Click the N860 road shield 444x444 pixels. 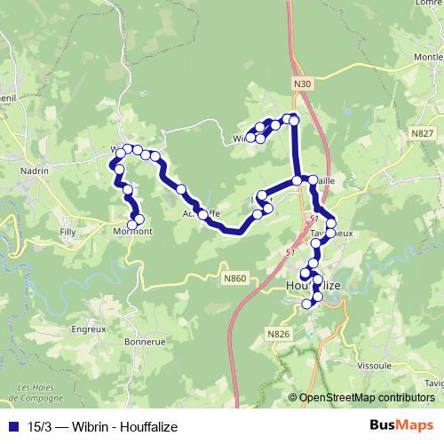pyautogui.click(x=234, y=279)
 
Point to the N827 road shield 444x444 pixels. pyautogui.click(x=423, y=132)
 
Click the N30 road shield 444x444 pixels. pyautogui.click(x=303, y=83)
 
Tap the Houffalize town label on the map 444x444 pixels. pyautogui.click(x=312, y=286)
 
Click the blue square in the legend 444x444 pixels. pyautogui.click(x=15, y=427)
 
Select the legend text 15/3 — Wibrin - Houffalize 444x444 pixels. pyautogui.click(x=102, y=427)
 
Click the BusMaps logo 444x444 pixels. pyautogui.click(x=400, y=426)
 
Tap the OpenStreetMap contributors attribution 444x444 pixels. pyautogui.click(x=366, y=397)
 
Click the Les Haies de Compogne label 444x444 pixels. pyautogui.click(x=36, y=392)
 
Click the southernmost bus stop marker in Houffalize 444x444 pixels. pyautogui.click(x=308, y=305)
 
